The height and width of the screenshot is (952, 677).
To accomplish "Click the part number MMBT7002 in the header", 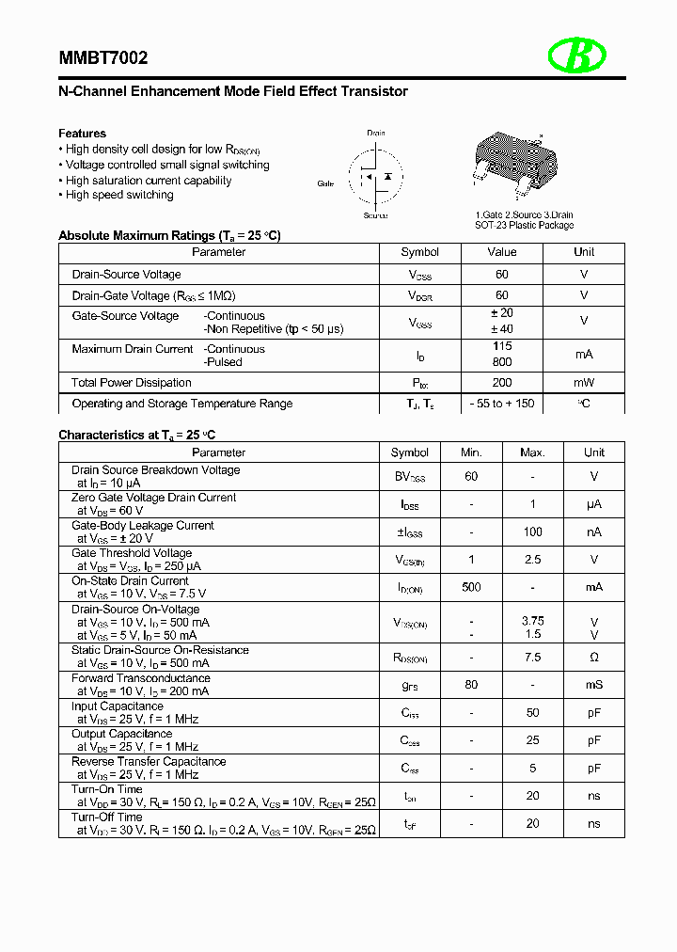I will tap(102, 58).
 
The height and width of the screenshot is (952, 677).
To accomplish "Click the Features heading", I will tap(82, 134).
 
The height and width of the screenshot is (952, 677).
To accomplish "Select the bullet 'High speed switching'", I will tap(119, 195).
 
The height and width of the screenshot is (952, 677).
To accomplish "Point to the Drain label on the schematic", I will tap(376, 134).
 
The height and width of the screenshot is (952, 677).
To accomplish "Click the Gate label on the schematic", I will tap(325, 183).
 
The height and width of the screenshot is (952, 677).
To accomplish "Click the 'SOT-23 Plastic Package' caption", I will tap(524, 225).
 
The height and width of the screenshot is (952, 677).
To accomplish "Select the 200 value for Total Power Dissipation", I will tap(501, 383).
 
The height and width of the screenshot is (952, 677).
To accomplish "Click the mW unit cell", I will tap(584, 383).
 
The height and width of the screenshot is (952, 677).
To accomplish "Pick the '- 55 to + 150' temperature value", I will tap(501, 404).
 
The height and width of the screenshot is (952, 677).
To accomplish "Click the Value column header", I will tap(501, 252).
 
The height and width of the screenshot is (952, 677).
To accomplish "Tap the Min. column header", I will tap(471, 452).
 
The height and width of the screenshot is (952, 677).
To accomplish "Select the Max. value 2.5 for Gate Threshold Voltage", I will tap(532, 560).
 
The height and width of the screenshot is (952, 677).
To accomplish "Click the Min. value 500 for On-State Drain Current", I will tap(471, 587).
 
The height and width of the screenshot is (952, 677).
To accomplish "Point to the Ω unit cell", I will tap(593, 658).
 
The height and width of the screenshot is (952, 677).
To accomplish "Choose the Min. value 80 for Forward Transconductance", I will tap(471, 685).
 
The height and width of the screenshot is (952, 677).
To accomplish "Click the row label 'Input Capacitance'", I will tap(118, 706).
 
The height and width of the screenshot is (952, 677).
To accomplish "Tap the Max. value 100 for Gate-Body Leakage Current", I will tap(532, 532).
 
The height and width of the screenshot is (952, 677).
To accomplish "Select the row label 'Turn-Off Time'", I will tap(106, 817).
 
